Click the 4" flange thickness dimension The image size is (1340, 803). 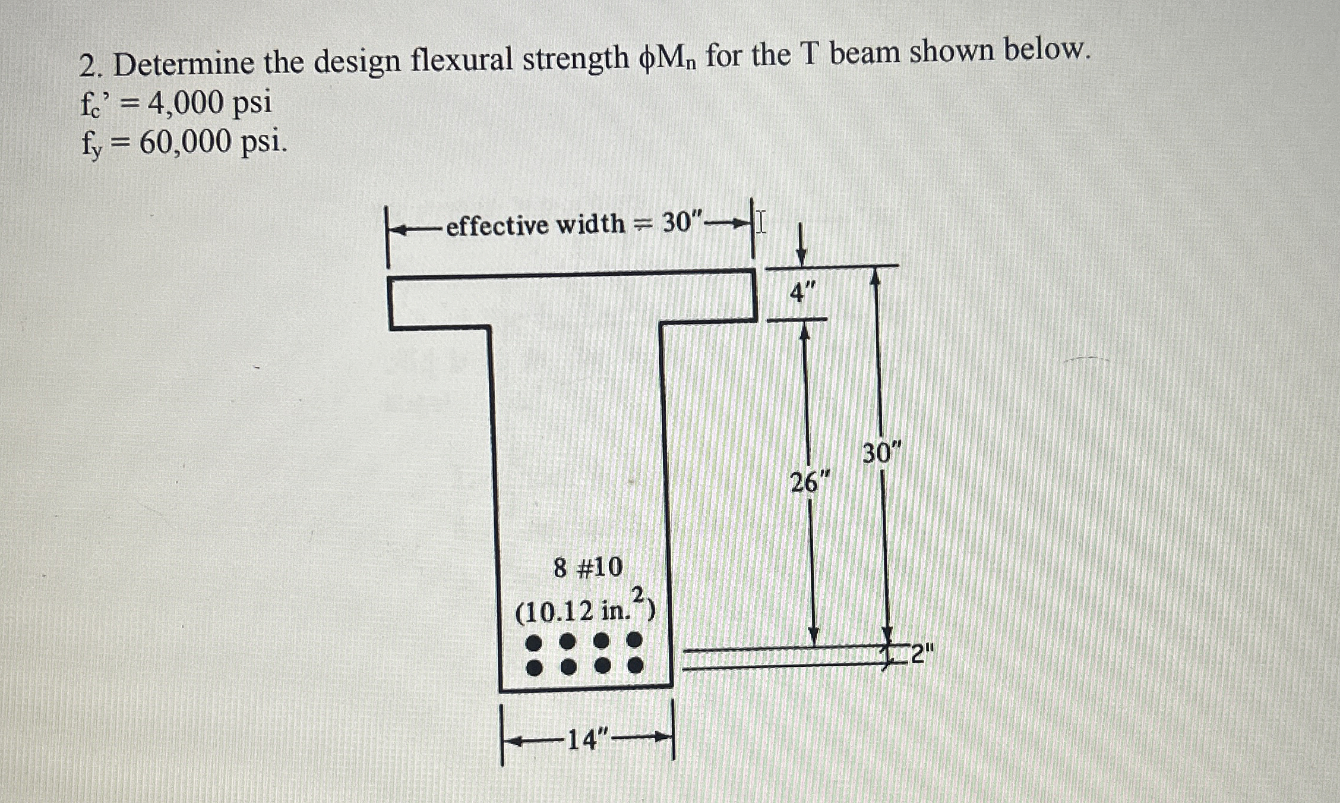click(802, 293)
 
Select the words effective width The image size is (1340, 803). click(535, 226)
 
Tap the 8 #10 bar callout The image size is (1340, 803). click(587, 568)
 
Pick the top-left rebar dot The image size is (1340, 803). click(535, 643)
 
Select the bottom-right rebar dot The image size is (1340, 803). click(636, 666)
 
